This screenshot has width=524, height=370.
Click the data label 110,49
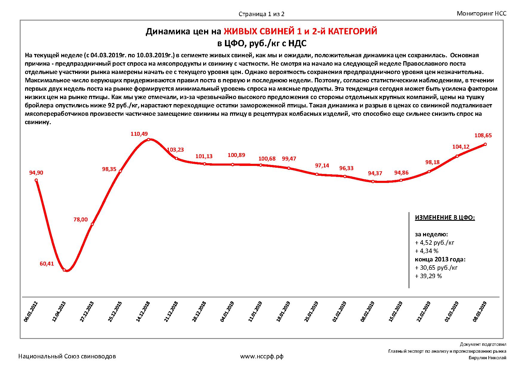tap(139, 134)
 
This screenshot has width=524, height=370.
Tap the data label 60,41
tap(47, 263)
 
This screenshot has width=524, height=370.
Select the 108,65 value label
tap(483, 135)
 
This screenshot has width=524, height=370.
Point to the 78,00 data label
tap(81, 220)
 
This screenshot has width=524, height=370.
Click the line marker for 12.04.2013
tap(64, 270)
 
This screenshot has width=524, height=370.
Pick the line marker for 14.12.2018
tap(148, 139)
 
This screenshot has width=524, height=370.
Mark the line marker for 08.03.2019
tap(485, 144)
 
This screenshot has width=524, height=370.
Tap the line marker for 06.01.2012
tap(36, 180)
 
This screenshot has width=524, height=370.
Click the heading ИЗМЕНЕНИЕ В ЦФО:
tap(445, 218)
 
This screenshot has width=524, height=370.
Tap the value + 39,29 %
tap(428, 276)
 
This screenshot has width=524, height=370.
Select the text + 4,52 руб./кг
tap(435, 243)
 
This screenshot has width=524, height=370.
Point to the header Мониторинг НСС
tap(482, 13)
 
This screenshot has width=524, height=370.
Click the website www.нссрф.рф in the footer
tap(262, 356)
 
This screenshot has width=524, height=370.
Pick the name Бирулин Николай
tap(487, 358)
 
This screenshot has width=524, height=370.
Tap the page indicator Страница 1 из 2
tap(261, 14)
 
